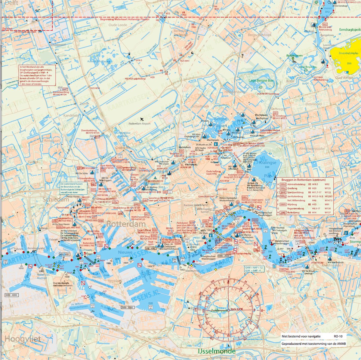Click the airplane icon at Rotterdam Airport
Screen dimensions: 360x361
point(142,119)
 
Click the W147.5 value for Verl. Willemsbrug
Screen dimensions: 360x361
point(329,200)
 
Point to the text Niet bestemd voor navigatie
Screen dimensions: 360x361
point(301,336)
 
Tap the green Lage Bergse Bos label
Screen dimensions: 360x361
point(261,81)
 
